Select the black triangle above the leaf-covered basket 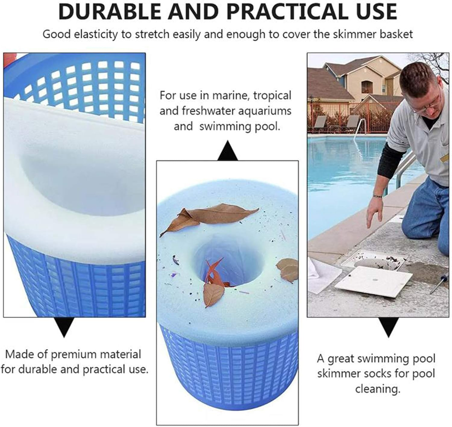(x=228, y=151)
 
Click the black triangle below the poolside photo (x=388, y=328)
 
